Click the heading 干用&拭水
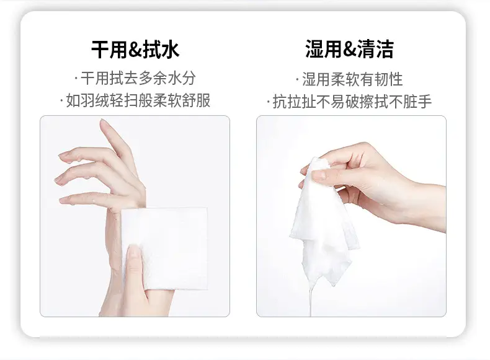click(135, 50)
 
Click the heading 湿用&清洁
click(349, 49)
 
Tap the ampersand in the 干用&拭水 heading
click(135, 50)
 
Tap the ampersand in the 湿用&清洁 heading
click(349, 50)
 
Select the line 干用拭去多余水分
click(135, 78)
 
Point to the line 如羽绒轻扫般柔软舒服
click(135, 100)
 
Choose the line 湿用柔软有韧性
click(349, 79)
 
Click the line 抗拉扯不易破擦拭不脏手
click(349, 102)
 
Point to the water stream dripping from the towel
click(310, 300)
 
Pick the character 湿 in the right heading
click(314, 49)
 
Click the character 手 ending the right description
click(425, 102)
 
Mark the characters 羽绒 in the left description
click(88, 100)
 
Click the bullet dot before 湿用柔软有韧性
click(297, 79)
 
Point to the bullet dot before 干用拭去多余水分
click(76, 78)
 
